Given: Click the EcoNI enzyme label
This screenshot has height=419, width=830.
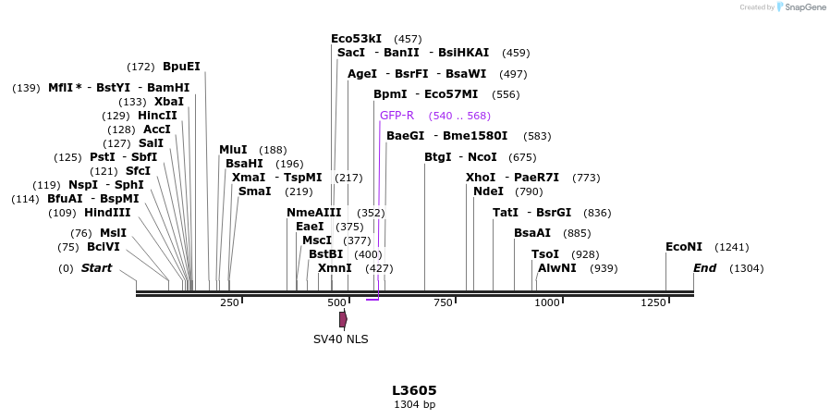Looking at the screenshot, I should coord(684,247).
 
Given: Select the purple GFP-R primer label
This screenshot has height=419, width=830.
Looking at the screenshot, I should coord(397,116).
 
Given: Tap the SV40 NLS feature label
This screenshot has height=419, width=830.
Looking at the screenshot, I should coord(340,339).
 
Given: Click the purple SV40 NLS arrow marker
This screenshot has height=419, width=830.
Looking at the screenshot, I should coord(343,319).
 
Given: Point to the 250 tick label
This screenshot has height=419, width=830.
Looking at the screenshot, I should coord(230,302).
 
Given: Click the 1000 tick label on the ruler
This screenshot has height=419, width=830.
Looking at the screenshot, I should coord(547,302).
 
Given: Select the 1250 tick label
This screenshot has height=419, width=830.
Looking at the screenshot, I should coord(653,302).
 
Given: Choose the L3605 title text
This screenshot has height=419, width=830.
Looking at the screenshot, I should coord(414,390).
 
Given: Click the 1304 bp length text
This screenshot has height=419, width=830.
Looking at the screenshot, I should coord(414,405).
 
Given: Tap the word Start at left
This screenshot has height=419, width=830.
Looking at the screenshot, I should coord(96,268).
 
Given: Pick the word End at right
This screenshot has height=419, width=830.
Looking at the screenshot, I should coord(705,268).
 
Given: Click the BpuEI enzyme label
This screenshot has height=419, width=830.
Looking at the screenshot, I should coord(181,67).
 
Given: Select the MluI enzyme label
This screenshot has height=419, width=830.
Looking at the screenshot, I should coord(233,150).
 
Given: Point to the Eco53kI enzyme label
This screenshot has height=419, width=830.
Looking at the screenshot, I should coord(356,39).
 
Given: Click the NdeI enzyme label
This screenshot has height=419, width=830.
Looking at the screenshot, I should coord(488,191).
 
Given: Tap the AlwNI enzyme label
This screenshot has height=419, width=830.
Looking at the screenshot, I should coord(557,268).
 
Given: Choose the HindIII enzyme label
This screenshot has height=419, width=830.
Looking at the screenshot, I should coord(107,213).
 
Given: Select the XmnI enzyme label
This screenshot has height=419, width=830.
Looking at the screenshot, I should coord(335,268).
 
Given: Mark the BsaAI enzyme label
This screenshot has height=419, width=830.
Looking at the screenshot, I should coord(532,233).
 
